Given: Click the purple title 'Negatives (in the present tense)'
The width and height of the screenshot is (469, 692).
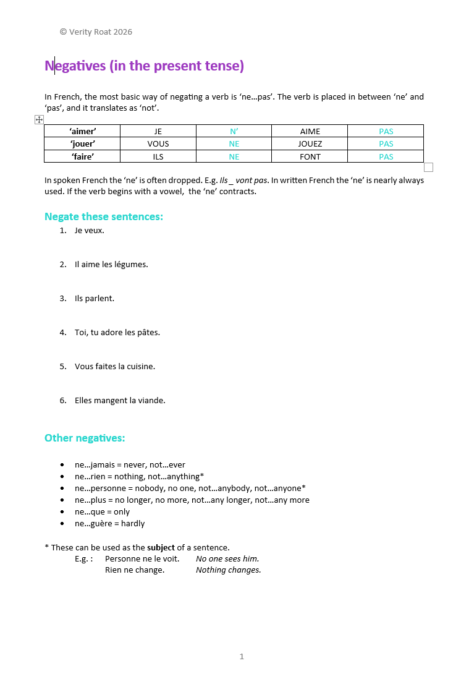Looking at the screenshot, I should [144, 66].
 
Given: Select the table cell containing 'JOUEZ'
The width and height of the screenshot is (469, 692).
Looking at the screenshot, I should [310, 143].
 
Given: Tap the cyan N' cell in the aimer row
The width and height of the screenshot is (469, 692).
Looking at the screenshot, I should [234, 131].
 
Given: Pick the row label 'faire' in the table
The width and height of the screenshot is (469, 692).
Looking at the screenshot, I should [83, 156].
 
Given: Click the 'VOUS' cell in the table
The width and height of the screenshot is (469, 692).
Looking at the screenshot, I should [158, 143].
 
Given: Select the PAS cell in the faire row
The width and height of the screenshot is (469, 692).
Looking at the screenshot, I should [386, 156].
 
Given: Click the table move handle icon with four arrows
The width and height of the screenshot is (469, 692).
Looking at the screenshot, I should [39, 119].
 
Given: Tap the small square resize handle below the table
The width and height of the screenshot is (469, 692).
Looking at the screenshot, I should [428, 167].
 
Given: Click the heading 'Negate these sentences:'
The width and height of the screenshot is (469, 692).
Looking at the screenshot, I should [104, 216].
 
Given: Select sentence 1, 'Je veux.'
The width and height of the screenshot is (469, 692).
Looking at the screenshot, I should [89, 230].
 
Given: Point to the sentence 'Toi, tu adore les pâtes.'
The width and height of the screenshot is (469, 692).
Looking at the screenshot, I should [117, 332].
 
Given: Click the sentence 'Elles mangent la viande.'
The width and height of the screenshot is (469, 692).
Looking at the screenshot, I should [120, 400].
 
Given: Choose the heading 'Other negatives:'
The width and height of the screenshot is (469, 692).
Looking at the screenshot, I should [85, 438].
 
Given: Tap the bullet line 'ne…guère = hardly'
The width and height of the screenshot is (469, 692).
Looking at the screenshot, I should [109, 523].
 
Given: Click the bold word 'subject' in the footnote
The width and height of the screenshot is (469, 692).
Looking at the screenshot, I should [161, 547].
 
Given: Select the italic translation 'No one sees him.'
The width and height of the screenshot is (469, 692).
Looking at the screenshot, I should [227, 558].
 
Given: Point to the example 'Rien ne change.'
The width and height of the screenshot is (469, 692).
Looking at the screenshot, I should [135, 570].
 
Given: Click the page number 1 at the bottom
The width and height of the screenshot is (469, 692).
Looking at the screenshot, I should [242, 656].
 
